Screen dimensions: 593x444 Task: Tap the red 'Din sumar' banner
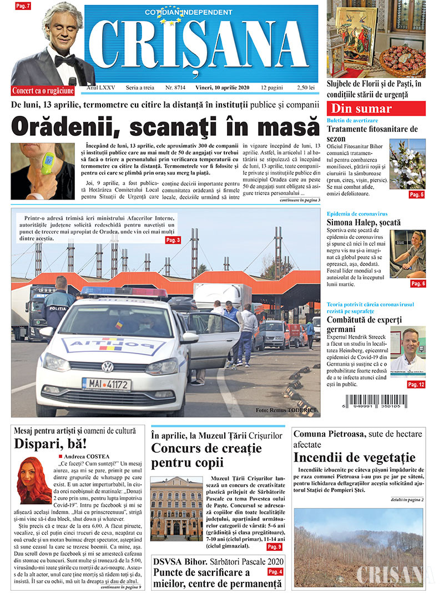(376, 109)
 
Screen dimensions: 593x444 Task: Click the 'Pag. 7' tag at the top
(23, 6)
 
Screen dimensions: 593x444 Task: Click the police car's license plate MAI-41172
(107, 384)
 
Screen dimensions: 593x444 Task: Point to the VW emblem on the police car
(107, 366)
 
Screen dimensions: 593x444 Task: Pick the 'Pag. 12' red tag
(416, 384)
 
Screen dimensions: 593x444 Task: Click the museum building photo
(176, 509)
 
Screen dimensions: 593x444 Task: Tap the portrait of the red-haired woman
(34, 480)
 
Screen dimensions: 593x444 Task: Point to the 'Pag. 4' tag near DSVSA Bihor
(275, 571)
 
